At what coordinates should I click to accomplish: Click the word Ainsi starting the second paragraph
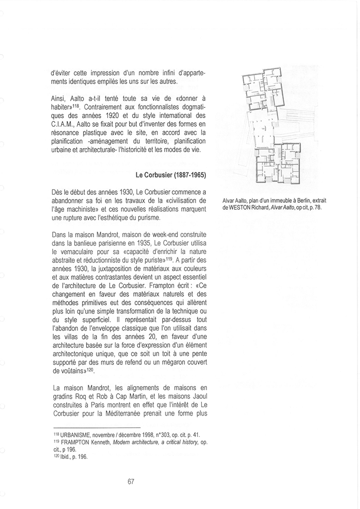[59, 100]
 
